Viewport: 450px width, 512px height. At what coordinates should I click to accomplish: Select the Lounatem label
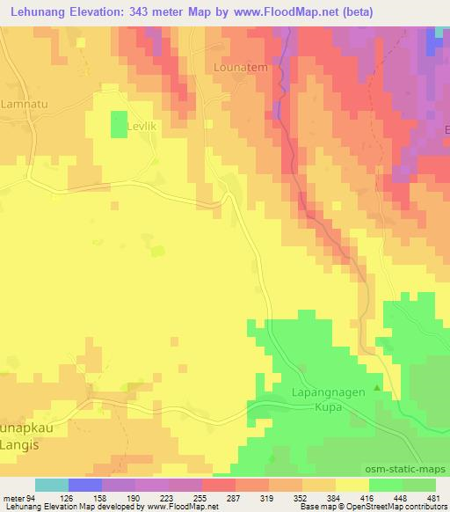pos(238,67)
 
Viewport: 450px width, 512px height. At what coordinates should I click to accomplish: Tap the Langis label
pos(21,447)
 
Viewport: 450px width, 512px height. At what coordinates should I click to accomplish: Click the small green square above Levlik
pos(118,124)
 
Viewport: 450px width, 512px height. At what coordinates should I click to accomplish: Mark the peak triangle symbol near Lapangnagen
pos(378,388)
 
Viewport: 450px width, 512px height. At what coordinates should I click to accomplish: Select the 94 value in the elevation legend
pos(29,498)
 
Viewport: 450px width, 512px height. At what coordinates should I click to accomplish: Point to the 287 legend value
pos(236,498)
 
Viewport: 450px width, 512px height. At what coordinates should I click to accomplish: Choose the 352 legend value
pos(302,498)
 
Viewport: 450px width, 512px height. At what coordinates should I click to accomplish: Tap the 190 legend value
pos(134,498)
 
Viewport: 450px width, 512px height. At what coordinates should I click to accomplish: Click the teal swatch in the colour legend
pos(51,485)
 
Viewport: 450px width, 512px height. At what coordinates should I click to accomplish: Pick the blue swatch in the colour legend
pos(84,485)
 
